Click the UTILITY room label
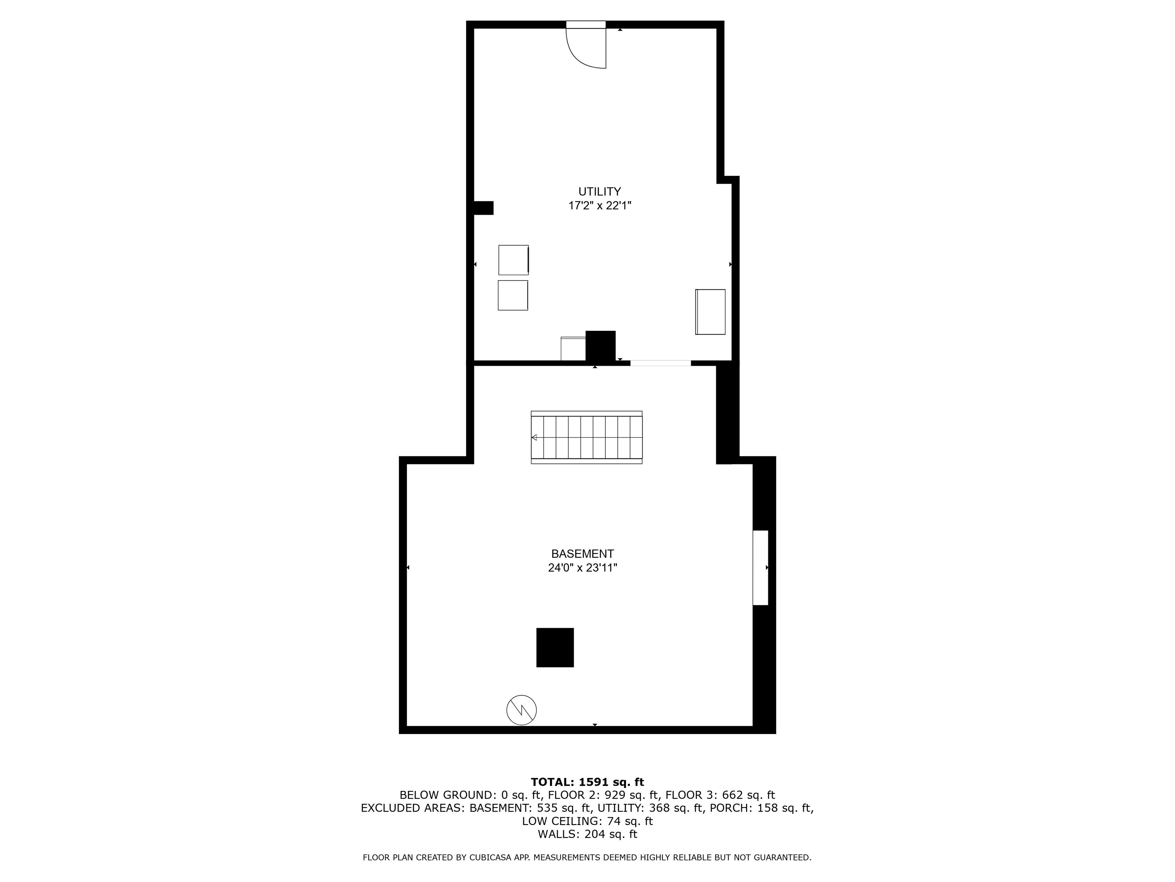pyautogui.click(x=599, y=191)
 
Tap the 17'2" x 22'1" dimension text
pyautogui.click(x=599, y=206)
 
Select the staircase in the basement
pyautogui.click(x=586, y=437)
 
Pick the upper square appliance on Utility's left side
pyautogui.click(x=513, y=260)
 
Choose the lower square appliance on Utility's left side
pyautogui.click(x=513, y=295)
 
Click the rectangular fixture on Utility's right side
pyautogui.click(x=710, y=312)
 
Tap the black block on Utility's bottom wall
pyautogui.click(x=600, y=346)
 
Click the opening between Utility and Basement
pyautogui.click(x=660, y=363)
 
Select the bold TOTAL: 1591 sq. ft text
pyautogui.click(x=587, y=782)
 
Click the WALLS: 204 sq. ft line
pyautogui.click(x=587, y=834)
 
